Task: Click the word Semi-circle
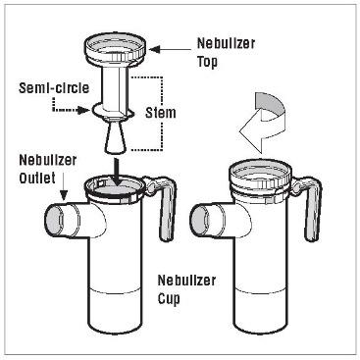(54, 88)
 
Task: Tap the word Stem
(161, 113)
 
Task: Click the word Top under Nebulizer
(207, 62)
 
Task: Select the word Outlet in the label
(37, 179)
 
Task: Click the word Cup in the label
(169, 298)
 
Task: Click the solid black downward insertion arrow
(116, 172)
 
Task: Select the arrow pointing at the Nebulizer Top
(170, 50)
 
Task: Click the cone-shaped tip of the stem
(115, 138)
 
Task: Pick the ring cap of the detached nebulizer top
(115, 47)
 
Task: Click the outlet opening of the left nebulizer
(54, 219)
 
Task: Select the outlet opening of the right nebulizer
(199, 219)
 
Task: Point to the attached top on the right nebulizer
(260, 180)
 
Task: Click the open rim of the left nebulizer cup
(115, 189)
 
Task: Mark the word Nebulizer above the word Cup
(186, 281)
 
